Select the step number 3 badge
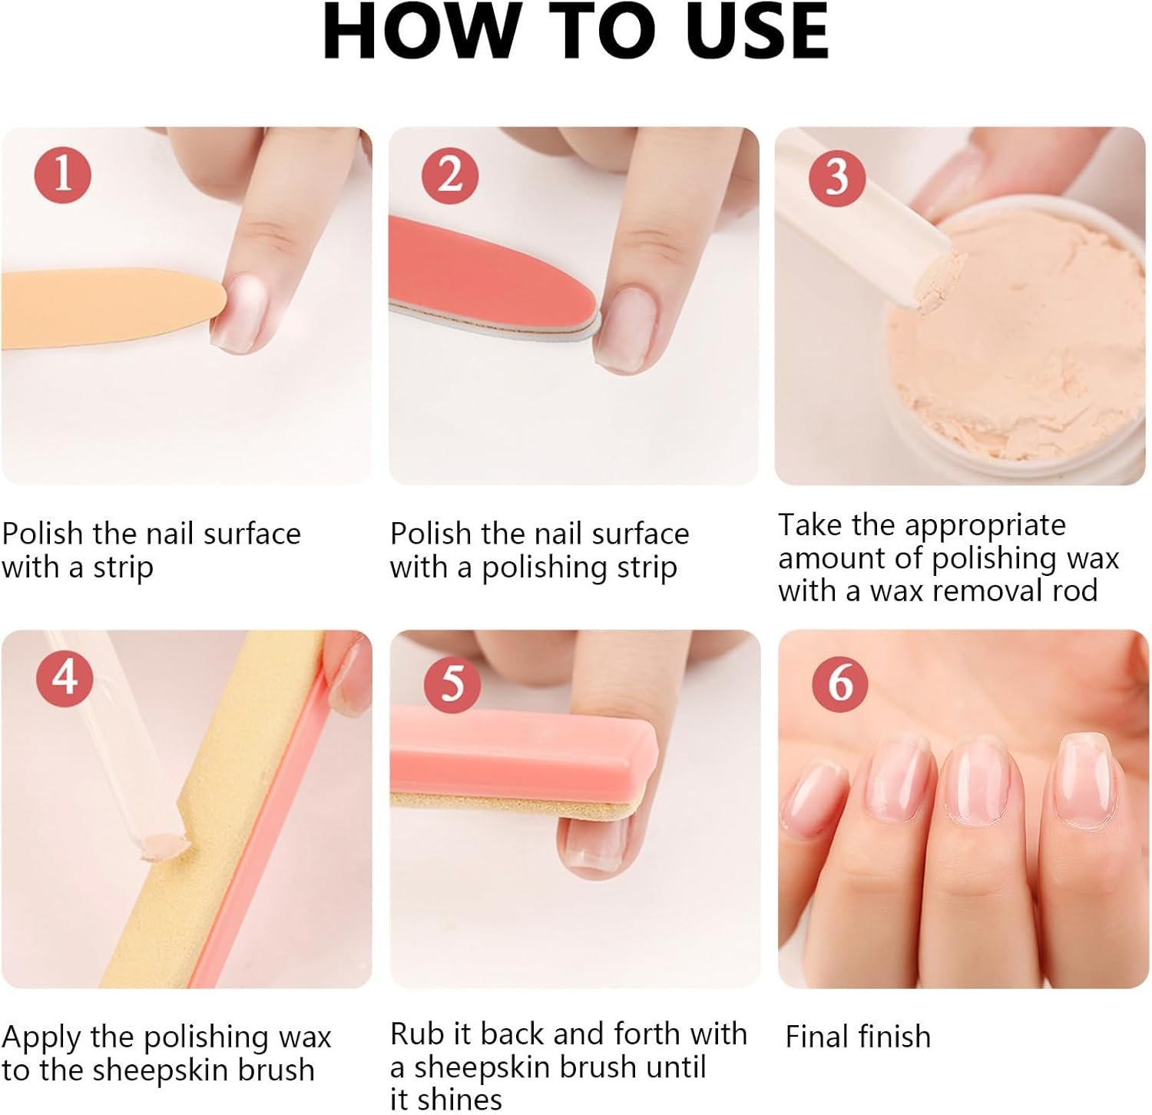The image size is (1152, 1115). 837,177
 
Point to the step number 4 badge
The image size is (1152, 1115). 65,677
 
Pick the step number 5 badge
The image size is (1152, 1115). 453,682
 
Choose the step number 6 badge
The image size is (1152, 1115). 841,682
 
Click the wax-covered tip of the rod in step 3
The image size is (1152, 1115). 942,285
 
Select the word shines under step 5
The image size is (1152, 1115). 458,1099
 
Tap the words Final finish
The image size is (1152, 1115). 858,1037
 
